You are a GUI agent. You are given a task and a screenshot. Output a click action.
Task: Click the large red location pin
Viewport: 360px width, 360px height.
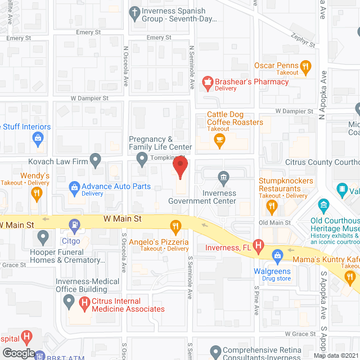click(x=180, y=168)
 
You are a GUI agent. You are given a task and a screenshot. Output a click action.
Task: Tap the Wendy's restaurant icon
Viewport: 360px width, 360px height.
click(x=37, y=194)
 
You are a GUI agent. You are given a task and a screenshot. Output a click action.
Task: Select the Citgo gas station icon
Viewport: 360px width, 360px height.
click(x=74, y=227)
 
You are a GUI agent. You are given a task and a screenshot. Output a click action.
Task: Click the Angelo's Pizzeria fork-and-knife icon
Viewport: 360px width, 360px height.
click(x=176, y=227)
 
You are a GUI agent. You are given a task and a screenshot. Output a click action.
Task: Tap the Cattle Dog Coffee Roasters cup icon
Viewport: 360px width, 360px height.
click(x=220, y=143)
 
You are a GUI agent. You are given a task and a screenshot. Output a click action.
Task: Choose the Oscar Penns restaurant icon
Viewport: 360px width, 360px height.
click(x=305, y=69)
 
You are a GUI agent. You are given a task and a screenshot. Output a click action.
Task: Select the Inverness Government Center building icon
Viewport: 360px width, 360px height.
click(x=224, y=179)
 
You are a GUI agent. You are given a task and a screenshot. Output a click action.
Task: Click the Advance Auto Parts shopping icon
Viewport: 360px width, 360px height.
click(x=74, y=186)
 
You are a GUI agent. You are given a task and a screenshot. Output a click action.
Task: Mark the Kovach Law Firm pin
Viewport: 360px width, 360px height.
click(x=96, y=161)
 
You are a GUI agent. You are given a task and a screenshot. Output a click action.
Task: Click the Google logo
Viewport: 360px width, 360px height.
click(x=18, y=353)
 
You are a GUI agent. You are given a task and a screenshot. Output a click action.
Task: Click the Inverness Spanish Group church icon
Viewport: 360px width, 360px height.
click(x=134, y=11)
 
